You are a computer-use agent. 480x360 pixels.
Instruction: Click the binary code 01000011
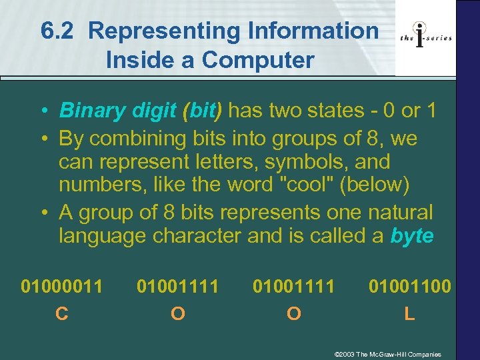[x=62, y=287]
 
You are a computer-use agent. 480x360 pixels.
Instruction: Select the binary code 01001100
[x=410, y=287]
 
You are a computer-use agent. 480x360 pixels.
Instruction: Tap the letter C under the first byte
[x=62, y=313]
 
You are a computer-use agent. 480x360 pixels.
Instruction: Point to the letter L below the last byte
[x=409, y=313]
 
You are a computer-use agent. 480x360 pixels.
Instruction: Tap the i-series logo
[x=426, y=37]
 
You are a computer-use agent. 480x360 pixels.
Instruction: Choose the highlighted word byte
[x=412, y=236]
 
